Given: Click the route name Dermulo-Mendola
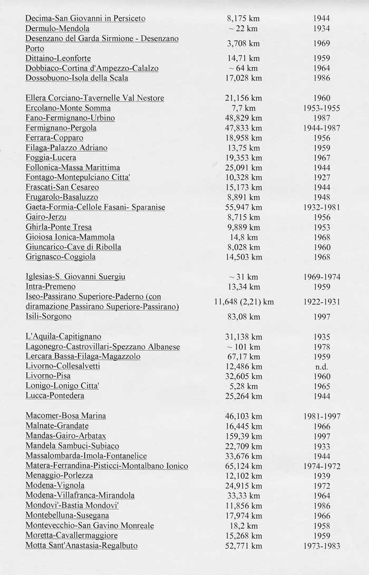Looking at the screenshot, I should point(57,28).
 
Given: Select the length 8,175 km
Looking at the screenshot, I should point(243,18).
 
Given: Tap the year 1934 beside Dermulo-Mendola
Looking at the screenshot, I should point(321,28).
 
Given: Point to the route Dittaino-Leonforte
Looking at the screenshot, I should point(58,58).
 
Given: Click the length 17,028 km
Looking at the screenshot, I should point(243,78).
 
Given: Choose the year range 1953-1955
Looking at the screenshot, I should point(322,108).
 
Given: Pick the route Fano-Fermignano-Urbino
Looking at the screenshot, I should point(70,118).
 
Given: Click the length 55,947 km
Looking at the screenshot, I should point(243,207).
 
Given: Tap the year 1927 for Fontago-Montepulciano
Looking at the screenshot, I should point(321,177).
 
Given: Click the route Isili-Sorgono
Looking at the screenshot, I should point(48,316).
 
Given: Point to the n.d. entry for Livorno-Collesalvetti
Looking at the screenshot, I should point(321,366).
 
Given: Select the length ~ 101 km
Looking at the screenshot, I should point(243,346).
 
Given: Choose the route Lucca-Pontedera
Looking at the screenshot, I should point(55,395).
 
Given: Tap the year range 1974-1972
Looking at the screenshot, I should point(322,466).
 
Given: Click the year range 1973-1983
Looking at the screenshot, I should point(322,546).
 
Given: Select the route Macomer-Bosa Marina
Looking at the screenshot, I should point(66,415).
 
